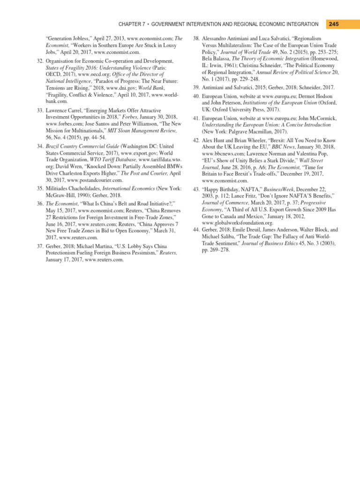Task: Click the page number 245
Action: [x=334, y=24]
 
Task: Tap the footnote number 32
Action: [x=39, y=61]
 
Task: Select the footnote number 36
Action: [x=39, y=204]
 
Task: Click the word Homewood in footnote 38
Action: [x=322, y=60]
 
